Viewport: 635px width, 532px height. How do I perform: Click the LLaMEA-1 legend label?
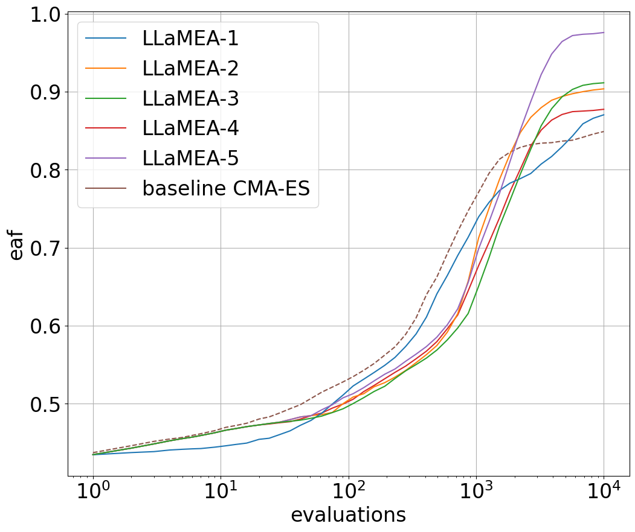click(190, 39)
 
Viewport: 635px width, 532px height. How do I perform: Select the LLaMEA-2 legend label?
click(190, 69)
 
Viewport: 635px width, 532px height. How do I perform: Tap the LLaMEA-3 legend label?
click(190, 98)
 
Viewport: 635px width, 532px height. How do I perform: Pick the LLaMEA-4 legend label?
click(190, 128)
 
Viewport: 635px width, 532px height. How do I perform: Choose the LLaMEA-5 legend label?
click(190, 158)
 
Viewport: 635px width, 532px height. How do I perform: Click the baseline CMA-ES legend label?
click(226, 188)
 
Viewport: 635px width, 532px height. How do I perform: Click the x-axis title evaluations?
click(348, 515)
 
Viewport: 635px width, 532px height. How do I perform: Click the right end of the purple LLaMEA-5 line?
click(604, 33)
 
